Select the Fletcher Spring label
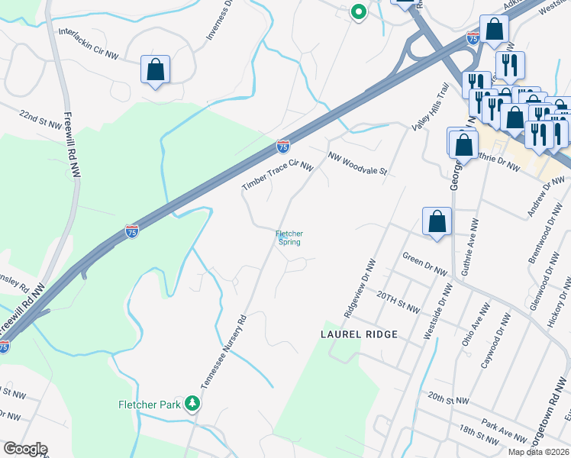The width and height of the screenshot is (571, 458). [x=289, y=237]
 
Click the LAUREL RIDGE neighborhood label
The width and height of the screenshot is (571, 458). [x=359, y=334]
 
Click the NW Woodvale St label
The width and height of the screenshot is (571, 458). [x=358, y=163]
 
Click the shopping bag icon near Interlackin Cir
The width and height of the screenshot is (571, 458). [x=155, y=69]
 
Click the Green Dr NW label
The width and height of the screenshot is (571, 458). [x=424, y=264]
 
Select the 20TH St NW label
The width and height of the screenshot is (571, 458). [x=398, y=302]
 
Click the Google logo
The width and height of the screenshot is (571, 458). [x=25, y=449]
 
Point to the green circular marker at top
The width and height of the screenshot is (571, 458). [x=357, y=11]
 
